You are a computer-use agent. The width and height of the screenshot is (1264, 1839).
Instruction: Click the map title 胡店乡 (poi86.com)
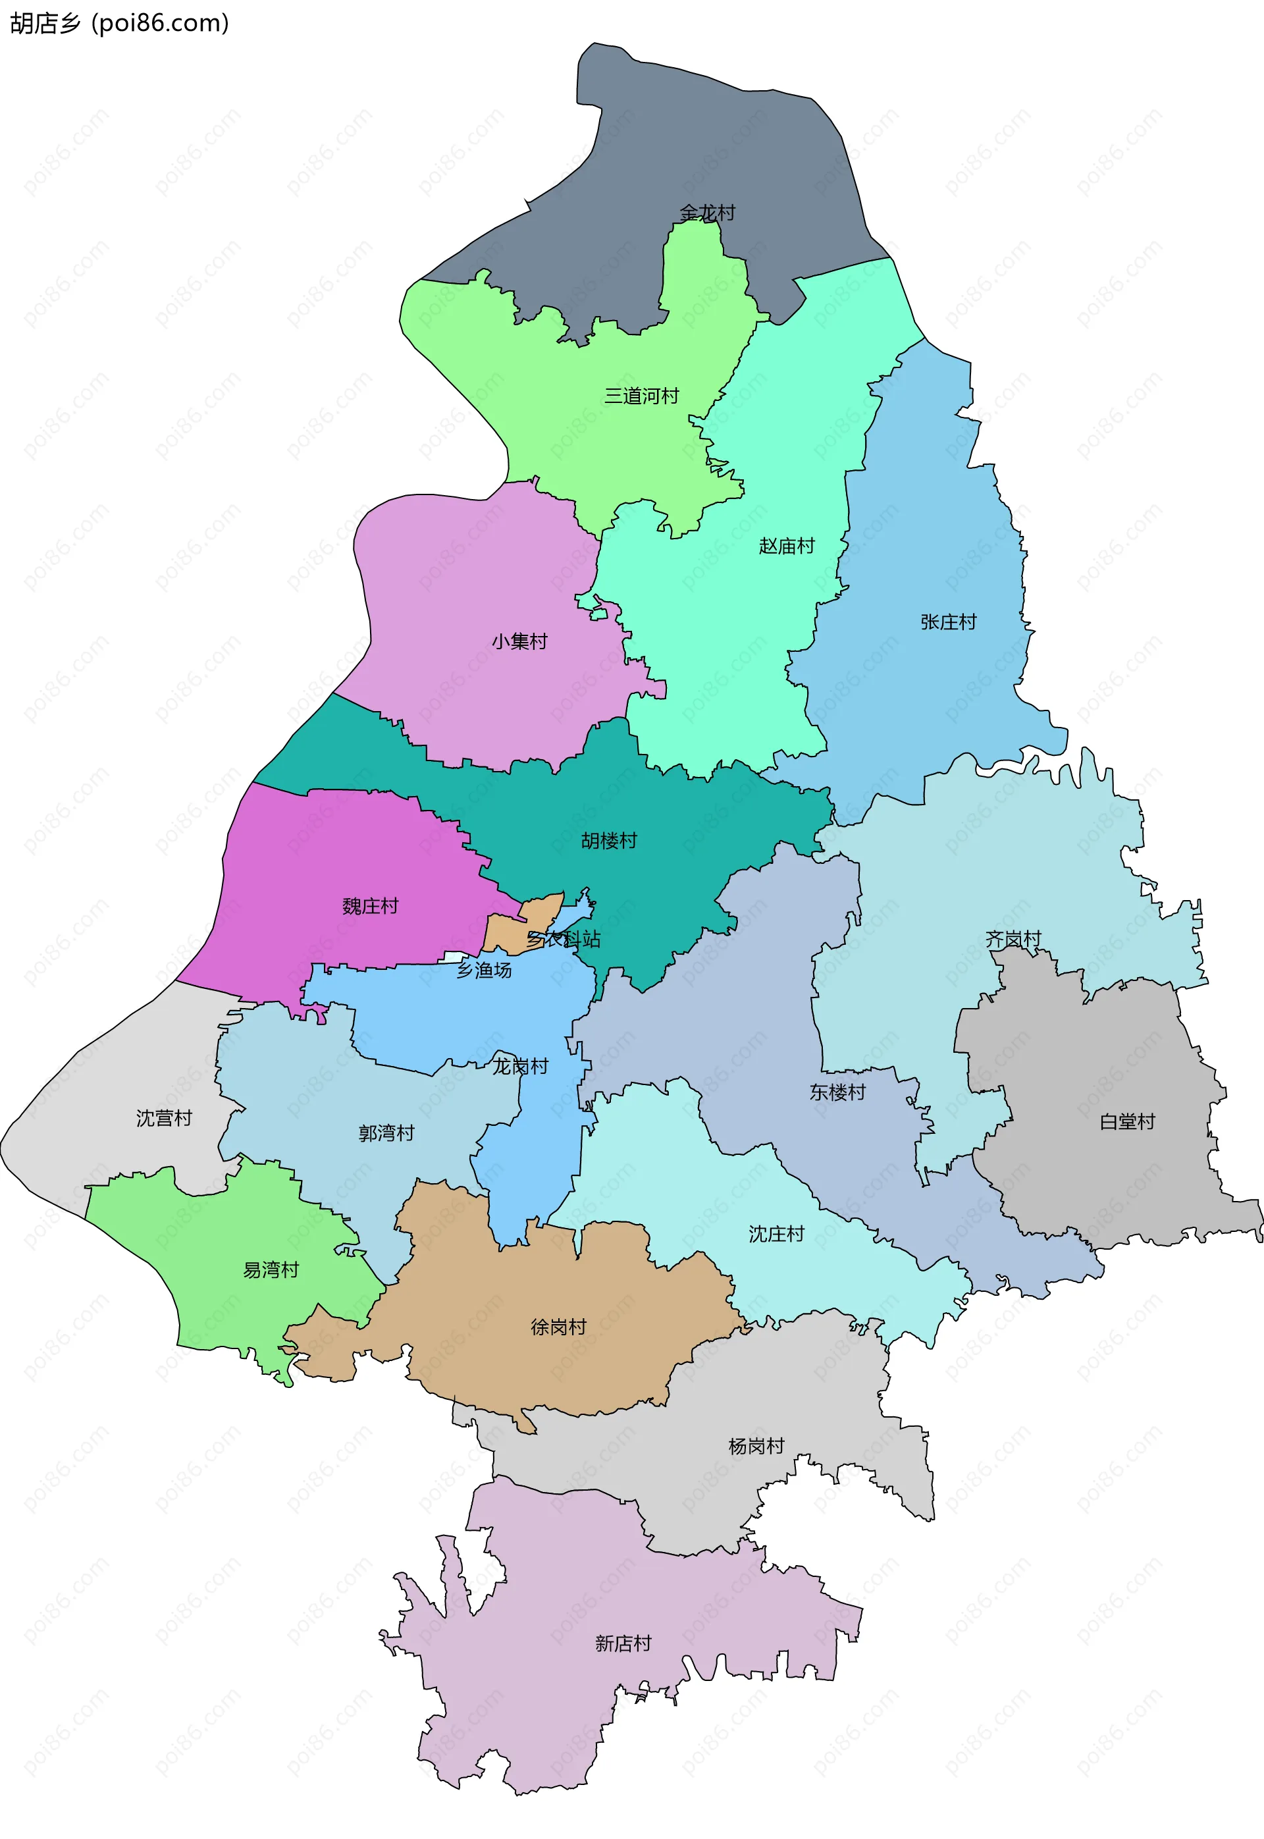(x=118, y=23)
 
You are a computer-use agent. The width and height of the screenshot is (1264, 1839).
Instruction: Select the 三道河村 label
(x=641, y=395)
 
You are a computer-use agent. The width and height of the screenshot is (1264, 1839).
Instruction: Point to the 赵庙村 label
(x=787, y=546)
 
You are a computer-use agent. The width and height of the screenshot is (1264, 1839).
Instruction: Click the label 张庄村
(x=948, y=622)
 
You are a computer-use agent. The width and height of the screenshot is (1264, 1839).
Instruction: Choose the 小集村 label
(x=519, y=641)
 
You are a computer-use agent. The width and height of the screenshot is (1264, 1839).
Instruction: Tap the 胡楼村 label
(x=609, y=840)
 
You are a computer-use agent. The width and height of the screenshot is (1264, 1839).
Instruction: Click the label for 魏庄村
(x=370, y=905)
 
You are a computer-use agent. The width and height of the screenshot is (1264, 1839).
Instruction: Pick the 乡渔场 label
(x=484, y=969)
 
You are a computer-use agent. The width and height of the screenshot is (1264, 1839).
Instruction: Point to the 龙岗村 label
(x=520, y=1066)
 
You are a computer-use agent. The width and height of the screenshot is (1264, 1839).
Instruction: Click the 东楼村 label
(x=837, y=1092)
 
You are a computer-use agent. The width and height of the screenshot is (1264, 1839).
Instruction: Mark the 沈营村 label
(x=164, y=1117)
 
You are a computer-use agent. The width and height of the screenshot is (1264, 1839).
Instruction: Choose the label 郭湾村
(x=386, y=1133)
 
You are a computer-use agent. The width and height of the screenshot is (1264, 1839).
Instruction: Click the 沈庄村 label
(x=776, y=1233)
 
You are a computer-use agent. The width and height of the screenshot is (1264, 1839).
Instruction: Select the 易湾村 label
(x=271, y=1269)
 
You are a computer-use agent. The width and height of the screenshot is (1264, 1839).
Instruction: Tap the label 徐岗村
(x=558, y=1327)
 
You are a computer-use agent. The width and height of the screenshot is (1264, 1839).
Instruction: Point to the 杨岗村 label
(x=756, y=1445)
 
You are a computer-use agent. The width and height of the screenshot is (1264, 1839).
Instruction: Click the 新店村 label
(x=623, y=1643)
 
